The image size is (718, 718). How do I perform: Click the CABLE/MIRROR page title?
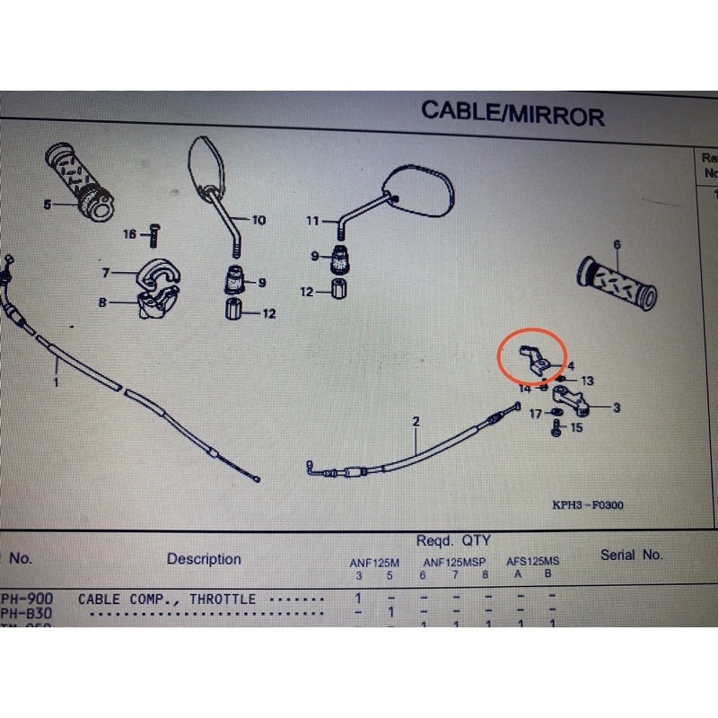pyautogui.click(x=512, y=114)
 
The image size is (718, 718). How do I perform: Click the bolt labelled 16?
pyautogui.click(x=153, y=235)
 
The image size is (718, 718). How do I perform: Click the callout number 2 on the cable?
pyautogui.click(x=416, y=421)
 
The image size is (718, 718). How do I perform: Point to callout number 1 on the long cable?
pyautogui.click(x=56, y=382)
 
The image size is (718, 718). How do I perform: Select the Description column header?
pyautogui.click(x=204, y=559)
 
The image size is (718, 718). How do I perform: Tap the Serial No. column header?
pyautogui.click(x=631, y=555)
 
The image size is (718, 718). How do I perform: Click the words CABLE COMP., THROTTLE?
pyautogui.click(x=167, y=599)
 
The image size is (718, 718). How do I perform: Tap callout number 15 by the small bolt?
pyautogui.click(x=575, y=428)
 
